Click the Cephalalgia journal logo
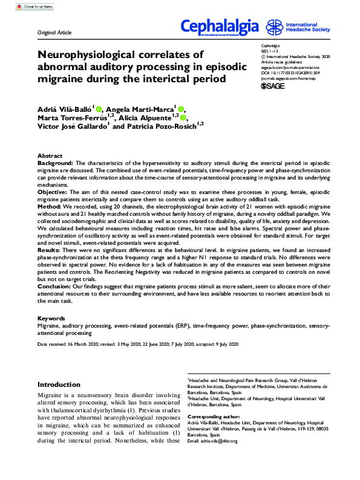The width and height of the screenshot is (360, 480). pos(220,27)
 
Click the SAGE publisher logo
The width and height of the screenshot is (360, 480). pos(272,86)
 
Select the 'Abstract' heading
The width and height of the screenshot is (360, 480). pos(50,156)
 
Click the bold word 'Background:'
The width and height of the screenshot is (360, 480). pos(55,163)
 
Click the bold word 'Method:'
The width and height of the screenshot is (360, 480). pos(50,205)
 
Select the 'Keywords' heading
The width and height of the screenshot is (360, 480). pos(51,318)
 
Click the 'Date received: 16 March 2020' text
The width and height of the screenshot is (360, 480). pos(59,344)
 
